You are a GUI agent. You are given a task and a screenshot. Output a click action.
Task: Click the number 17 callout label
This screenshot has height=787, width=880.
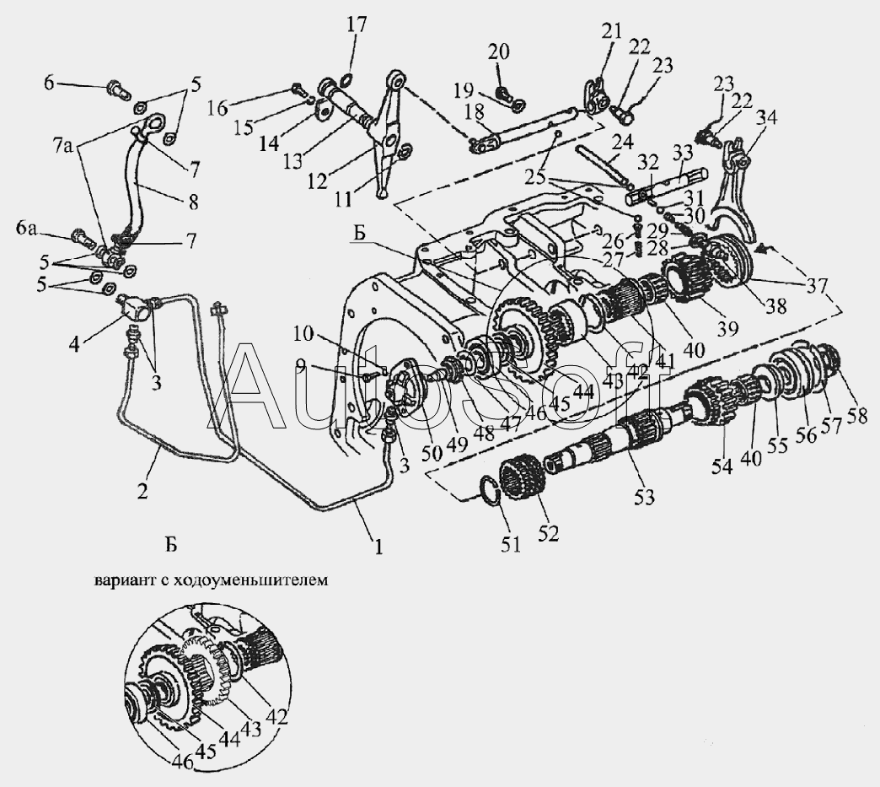[x=357, y=24]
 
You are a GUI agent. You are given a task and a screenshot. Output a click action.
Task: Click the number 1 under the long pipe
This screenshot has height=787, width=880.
[x=378, y=547]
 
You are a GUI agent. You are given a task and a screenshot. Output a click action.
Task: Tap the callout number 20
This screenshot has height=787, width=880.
[x=499, y=52]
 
